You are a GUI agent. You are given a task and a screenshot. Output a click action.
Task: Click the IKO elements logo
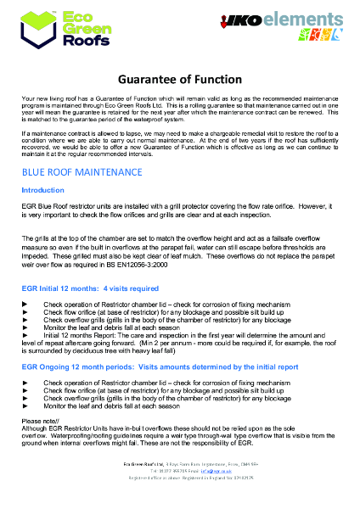pos(281,28)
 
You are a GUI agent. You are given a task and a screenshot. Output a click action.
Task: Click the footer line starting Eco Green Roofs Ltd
pos(179,485)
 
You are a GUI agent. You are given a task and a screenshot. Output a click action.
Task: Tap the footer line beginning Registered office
pos(179,499)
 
